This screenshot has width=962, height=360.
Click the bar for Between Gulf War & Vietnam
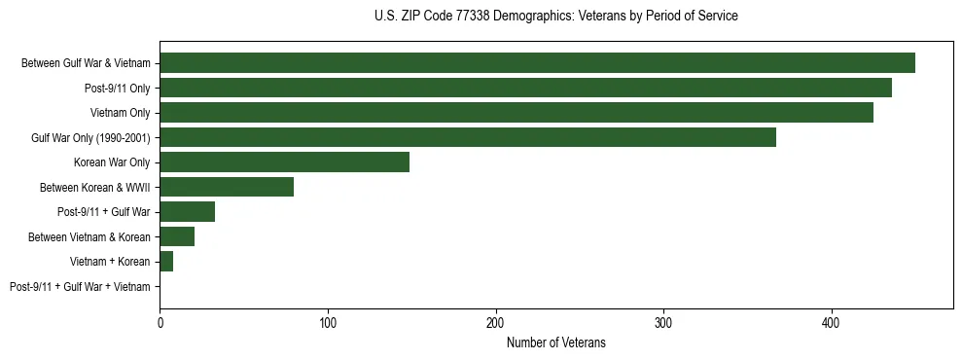[x=537, y=63]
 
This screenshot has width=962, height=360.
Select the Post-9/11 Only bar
[x=525, y=89]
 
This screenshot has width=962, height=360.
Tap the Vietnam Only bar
[x=517, y=113]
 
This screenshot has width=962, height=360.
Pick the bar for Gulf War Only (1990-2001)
[x=468, y=137]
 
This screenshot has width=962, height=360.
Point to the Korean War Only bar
[x=284, y=162]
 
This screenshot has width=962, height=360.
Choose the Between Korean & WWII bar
[x=227, y=187]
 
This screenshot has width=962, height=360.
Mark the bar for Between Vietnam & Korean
[x=177, y=236]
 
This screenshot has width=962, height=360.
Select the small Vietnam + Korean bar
[x=166, y=262]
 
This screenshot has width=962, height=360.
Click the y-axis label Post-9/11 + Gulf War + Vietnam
[x=80, y=287]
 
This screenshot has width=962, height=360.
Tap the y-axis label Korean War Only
[x=112, y=162]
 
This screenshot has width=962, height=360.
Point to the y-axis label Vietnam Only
[x=121, y=113]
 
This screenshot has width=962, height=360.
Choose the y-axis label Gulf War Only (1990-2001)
[x=90, y=138]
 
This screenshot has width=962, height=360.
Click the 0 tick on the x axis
[x=160, y=322]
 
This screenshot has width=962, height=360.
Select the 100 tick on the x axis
[x=328, y=322]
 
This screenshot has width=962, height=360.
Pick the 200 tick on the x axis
[x=496, y=322]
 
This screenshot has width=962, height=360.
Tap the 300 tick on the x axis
[x=663, y=322]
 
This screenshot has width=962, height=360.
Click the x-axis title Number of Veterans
[x=555, y=342]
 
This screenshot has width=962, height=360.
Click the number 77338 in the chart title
[x=475, y=17]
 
